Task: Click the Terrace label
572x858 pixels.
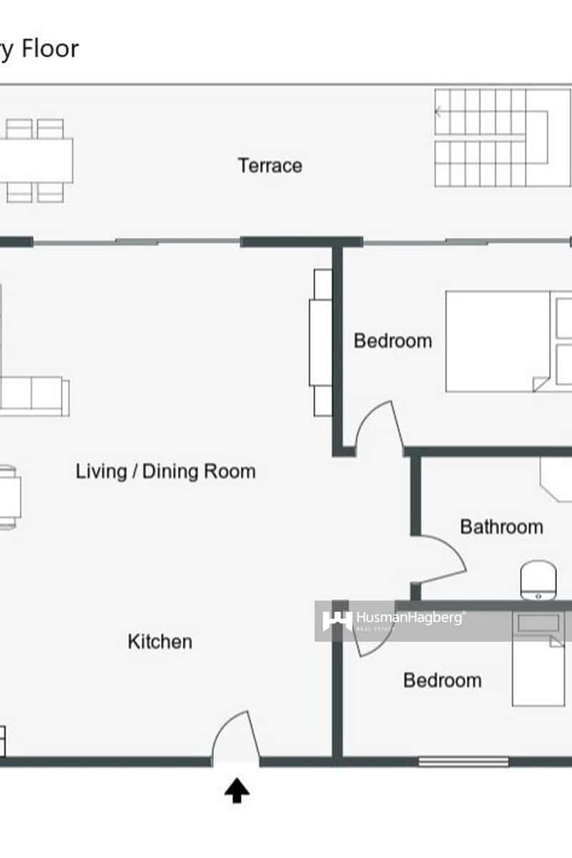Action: [270, 166]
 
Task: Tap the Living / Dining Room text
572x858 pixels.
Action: [165, 471]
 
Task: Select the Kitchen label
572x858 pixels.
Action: [159, 641]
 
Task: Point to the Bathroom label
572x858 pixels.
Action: [501, 527]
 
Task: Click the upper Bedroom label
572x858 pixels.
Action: [393, 340]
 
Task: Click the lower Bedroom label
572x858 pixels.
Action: [442, 680]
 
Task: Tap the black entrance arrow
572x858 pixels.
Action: [237, 791]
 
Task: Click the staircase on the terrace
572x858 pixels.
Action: [492, 137]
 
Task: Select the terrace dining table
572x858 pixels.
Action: [36, 160]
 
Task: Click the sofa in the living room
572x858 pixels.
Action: [34, 395]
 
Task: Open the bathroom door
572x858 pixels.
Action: [440, 561]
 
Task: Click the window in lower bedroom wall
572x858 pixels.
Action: [463, 761]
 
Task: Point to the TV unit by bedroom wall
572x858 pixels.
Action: [321, 342]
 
